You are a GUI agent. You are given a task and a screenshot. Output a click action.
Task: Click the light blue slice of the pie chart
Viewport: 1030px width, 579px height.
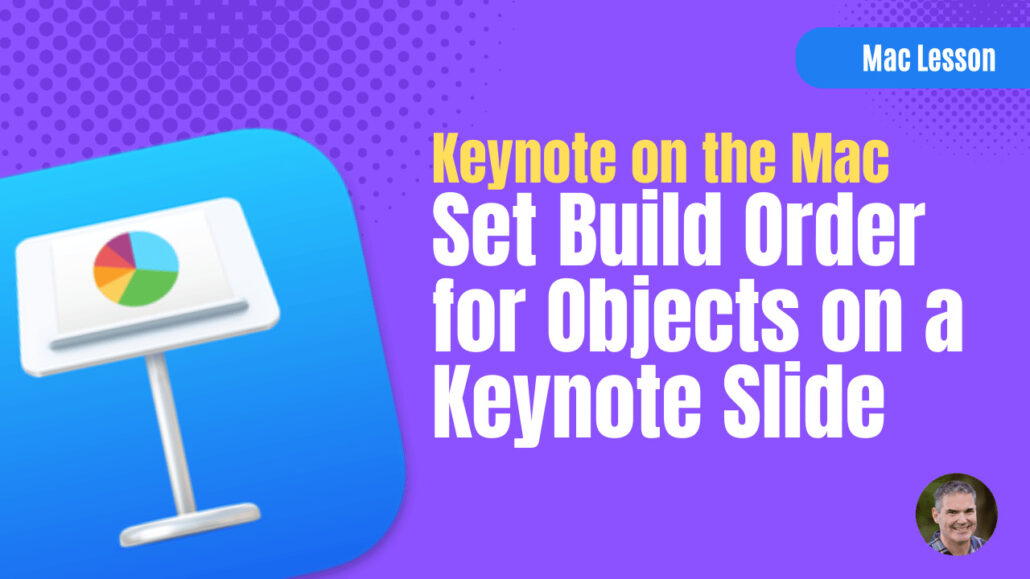[x=157, y=253]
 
